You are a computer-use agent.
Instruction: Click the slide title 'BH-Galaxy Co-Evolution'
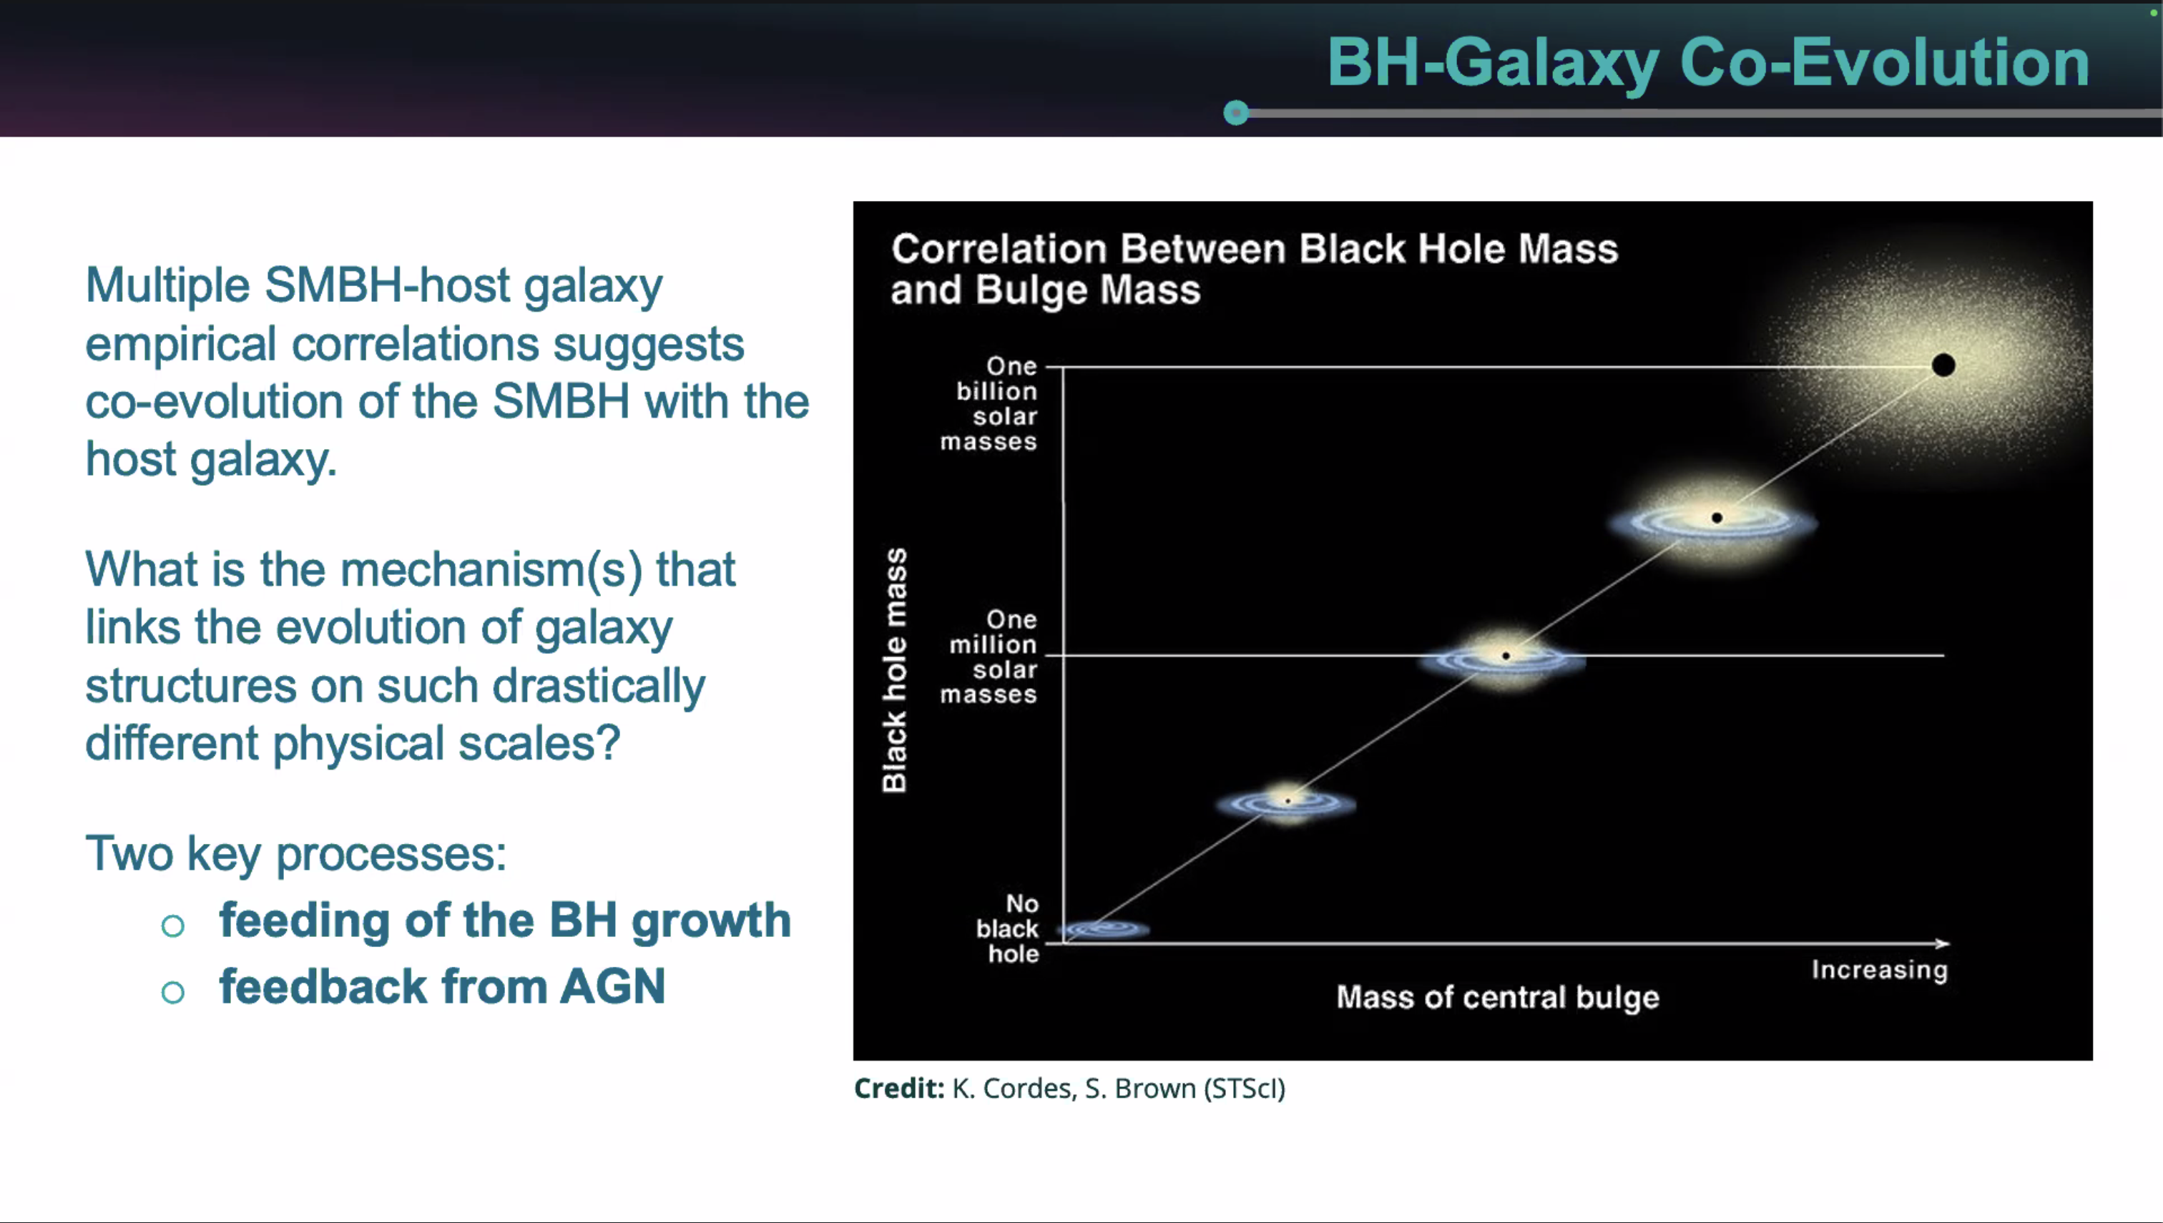[x=1707, y=62]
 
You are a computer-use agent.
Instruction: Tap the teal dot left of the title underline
[x=1235, y=112]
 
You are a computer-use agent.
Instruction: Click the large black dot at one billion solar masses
[x=1943, y=365]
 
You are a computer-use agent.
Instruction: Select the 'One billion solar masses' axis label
[x=989, y=404]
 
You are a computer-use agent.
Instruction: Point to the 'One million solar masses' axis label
[x=989, y=657]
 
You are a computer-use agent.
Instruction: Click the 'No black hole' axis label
[x=1007, y=929]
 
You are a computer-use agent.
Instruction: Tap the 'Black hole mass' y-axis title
[x=895, y=670]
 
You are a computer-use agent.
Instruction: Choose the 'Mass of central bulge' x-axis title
[x=1498, y=997]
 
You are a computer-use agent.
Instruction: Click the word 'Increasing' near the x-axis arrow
[x=1879, y=970]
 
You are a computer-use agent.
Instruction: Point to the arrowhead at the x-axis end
[x=1943, y=943]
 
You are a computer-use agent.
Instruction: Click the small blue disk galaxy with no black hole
[x=1104, y=929]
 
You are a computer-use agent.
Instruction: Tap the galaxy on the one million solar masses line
[x=1504, y=659]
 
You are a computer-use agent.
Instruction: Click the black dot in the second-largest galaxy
[x=1717, y=517]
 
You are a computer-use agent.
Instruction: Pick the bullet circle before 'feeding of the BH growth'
[x=173, y=925]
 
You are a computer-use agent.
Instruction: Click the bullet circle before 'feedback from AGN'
[x=173, y=992]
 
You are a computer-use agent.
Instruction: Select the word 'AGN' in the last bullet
[x=612, y=986]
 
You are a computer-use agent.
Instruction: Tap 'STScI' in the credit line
[x=1244, y=1089]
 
